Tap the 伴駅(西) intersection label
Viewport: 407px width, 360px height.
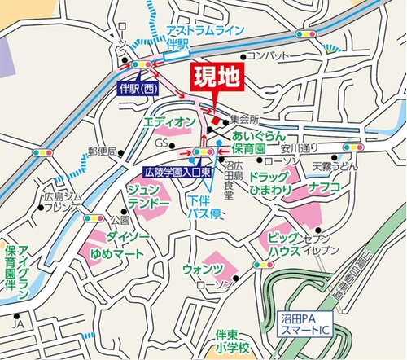tap(138, 86)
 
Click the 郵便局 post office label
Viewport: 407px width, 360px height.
tap(103, 151)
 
